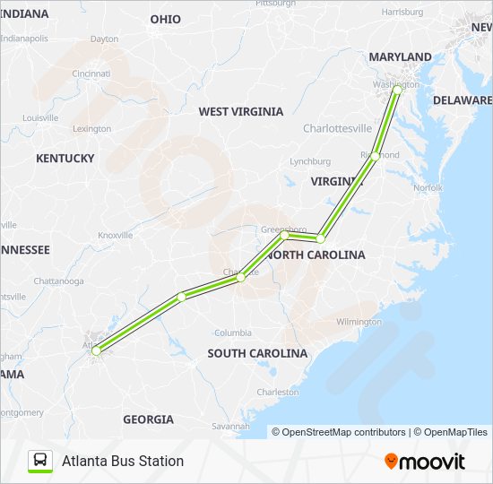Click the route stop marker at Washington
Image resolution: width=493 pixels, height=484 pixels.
coord(398,90)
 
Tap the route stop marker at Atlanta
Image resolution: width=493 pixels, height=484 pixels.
coord(96,352)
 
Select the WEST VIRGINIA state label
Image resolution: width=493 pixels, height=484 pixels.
coord(240,112)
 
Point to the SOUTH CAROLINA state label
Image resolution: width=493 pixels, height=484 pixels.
coord(257,354)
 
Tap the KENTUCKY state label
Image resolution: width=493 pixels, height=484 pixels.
coord(65,159)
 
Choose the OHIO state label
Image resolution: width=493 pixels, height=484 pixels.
coord(165,20)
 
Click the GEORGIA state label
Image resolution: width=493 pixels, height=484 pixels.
coord(148,419)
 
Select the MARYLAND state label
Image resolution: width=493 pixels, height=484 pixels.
coord(400,57)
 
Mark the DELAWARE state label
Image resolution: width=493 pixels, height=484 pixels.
coord(463,100)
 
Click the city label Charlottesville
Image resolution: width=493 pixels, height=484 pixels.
coord(337,129)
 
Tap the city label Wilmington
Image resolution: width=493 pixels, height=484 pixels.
coord(359,322)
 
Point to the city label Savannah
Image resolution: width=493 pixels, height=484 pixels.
coord(232,426)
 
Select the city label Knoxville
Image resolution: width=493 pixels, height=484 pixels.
coord(115,235)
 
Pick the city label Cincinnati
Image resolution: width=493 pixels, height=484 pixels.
coord(91,73)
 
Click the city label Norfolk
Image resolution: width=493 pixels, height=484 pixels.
coord(428,188)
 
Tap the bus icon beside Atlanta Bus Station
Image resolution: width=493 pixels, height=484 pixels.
coord(40,461)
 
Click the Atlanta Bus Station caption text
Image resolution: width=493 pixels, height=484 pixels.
coord(123,461)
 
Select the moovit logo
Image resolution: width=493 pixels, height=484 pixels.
coord(425,462)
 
